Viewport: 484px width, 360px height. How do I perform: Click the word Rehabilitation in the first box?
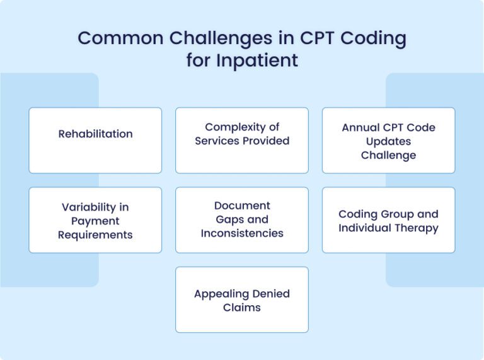pos(95,134)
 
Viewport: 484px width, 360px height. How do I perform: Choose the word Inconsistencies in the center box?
pos(242,233)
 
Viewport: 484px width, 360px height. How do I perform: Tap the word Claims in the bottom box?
pos(242,308)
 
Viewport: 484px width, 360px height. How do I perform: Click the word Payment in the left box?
pos(95,221)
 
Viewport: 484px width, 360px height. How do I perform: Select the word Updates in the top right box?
pos(388,141)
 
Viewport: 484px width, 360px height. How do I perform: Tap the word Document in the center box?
pos(242,206)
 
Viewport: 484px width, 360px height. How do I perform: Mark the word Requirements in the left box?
pos(95,235)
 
